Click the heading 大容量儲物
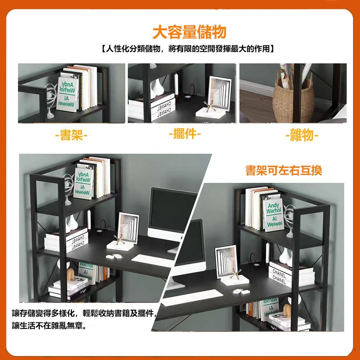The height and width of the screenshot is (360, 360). (189, 32)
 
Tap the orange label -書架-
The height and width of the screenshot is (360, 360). (71, 136)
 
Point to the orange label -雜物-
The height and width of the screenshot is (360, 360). (302, 136)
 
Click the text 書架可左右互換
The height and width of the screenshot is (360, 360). (284, 170)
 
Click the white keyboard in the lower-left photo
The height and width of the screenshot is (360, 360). (152, 260)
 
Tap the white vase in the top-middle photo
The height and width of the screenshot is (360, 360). (157, 89)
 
